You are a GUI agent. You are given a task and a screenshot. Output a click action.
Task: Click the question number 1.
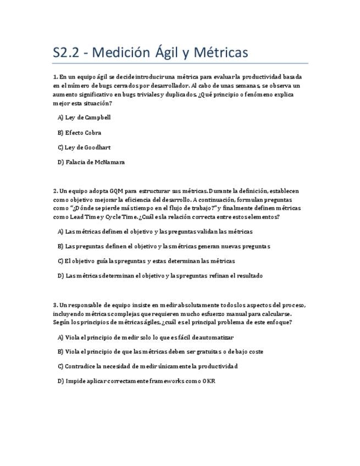tap(55, 77)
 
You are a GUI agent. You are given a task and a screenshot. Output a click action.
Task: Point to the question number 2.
tap(55, 191)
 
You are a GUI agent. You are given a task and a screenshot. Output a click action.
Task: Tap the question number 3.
tap(55, 305)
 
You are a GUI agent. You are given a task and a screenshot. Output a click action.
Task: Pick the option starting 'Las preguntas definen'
tap(164, 246)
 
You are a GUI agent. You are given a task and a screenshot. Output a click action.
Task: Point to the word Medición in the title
tap(121, 53)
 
